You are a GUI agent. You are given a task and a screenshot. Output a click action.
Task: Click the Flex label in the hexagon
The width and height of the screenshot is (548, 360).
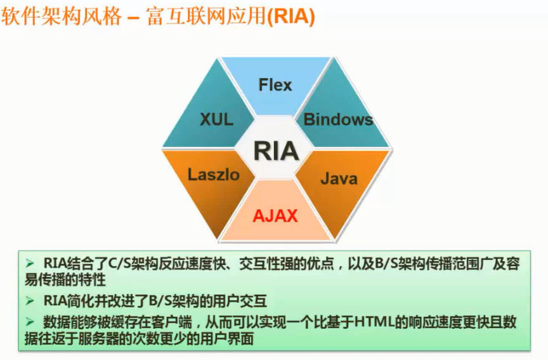[275, 84]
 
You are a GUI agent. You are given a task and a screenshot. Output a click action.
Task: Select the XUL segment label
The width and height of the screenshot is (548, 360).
[217, 119]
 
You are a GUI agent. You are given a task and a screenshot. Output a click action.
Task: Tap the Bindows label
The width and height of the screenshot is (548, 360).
[338, 119]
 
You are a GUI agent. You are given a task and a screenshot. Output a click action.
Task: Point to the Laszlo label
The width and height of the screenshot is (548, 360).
[214, 174]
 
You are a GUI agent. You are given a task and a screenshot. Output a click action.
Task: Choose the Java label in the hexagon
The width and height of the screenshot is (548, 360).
[339, 178]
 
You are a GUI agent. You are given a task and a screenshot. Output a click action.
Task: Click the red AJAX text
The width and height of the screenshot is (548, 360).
[275, 215]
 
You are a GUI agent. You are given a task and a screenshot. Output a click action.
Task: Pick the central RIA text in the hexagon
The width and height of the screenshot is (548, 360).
[276, 151]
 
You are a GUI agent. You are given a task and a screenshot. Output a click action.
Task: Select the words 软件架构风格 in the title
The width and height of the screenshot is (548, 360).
[60, 18]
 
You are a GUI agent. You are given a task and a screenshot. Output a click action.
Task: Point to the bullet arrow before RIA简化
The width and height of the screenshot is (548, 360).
[30, 300]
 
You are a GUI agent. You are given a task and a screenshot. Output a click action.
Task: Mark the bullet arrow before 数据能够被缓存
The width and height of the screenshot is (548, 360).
[30, 322]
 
